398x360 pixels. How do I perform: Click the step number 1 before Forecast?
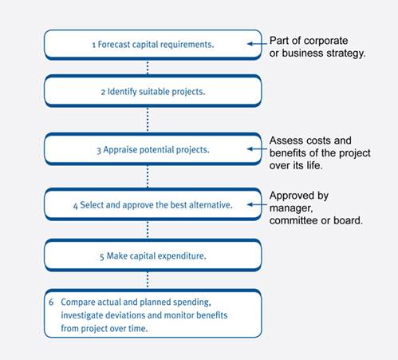coord(94,45)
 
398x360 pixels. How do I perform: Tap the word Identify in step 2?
coord(122,92)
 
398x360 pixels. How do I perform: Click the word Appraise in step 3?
coord(120,150)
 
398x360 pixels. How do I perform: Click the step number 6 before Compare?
coord(51,303)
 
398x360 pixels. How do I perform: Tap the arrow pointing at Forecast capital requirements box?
coord(257,44)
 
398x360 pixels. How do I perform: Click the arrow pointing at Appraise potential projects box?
coord(257,149)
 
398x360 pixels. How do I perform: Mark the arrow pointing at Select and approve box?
coord(257,204)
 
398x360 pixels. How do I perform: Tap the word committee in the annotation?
coord(294,220)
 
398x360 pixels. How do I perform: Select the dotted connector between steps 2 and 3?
coord(148,119)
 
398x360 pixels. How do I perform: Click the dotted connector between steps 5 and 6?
coord(148,280)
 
